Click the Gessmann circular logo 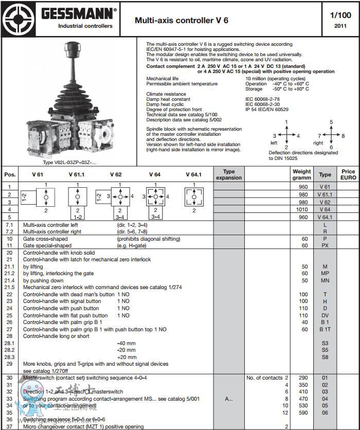click(x=19, y=19)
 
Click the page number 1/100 click(x=340, y=15)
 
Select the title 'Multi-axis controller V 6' click(x=182, y=20)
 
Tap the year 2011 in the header click(x=340, y=26)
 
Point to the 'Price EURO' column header click(x=348, y=174)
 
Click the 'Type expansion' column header click(x=229, y=174)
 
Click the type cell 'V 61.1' click(x=325, y=194)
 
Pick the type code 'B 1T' click(x=325, y=329)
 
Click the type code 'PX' click(x=325, y=246)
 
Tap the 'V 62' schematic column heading click(x=116, y=174)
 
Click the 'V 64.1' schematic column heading click(x=193, y=174)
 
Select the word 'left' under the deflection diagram click(x=274, y=142)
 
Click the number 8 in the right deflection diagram click(x=343, y=136)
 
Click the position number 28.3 click(x=10, y=357)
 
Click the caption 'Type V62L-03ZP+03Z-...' click(x=69, y=163)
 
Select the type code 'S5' click(x=325, y=350)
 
